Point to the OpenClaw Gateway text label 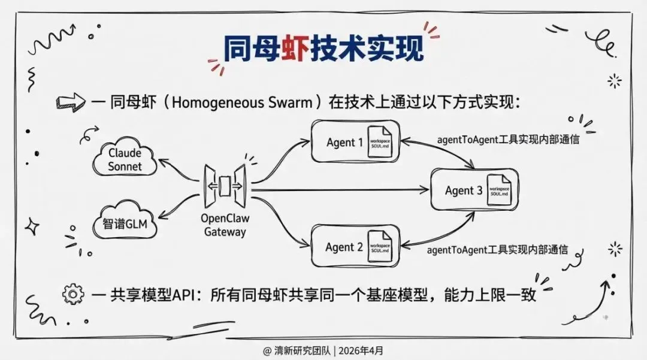[225, 225]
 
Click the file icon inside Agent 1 [380, 141]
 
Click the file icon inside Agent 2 [380, 246]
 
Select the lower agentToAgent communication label [497, 249]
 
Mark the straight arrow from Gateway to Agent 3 [341, 191]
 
